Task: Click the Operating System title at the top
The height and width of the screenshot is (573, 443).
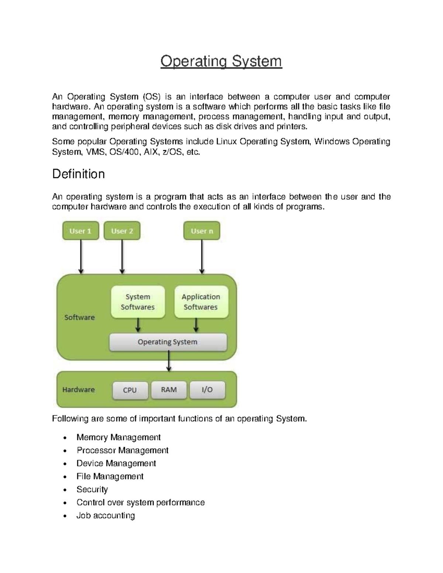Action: click(x=221, y=61)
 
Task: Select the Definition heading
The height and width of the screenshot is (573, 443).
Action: click(x=78, y=174)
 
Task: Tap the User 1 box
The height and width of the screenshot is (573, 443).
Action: click(x=80, y=231)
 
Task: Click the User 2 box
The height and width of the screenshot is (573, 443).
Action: click(x=122, y=231)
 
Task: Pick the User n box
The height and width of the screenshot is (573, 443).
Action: click(x=202, y=231)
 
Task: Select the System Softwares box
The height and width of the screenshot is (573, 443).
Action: click(x=138, y=302)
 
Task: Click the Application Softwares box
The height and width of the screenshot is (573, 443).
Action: click(x=201, y=302)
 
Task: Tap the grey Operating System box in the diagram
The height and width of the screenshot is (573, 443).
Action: click(x=168, y=342)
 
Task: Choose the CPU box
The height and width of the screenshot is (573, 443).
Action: click(x=130, y=390)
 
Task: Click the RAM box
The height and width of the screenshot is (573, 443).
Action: click(x=169, y=390)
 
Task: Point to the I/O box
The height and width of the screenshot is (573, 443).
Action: click(x=207, y=390)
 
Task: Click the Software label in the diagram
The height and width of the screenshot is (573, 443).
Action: click(x=79, y=317)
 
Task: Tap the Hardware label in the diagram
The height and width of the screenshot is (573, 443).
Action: click(x=78, y=390)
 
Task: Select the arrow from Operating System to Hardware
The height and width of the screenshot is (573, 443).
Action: click(x=169, y=361)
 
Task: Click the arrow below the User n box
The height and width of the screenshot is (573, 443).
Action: click(x=202, y=256)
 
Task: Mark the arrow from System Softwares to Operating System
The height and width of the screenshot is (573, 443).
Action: click(x=138, y=325)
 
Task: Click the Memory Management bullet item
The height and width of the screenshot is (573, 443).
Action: click(x=118, y=437)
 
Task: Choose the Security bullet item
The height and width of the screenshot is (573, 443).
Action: click(x=92, y=489)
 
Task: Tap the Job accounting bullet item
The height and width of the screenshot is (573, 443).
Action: click(x=106, y=515)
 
